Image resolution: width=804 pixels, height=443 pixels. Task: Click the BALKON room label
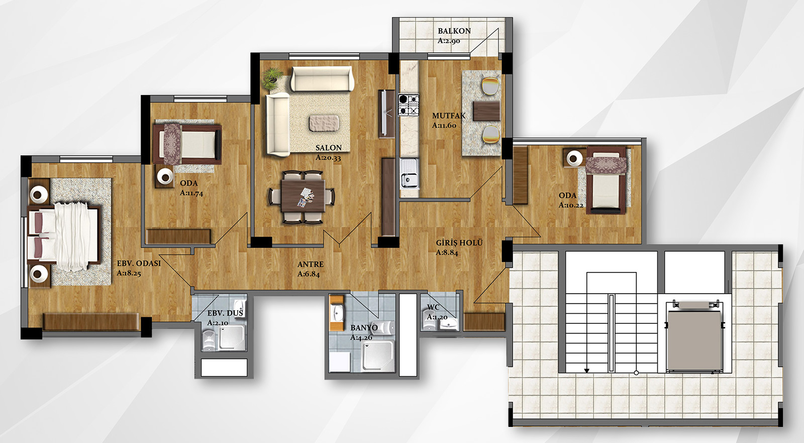454,31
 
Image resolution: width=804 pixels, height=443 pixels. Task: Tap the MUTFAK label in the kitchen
449,116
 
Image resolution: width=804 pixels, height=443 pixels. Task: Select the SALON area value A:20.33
328,157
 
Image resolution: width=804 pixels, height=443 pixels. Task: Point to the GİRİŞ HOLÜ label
459,242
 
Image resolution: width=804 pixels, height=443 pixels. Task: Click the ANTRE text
311,264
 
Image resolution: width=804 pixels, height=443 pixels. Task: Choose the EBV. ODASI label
139,263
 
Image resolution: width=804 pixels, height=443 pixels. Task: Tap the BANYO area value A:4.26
361,337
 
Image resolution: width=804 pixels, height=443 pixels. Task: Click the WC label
433,308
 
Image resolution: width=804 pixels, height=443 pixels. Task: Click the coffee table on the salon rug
324,123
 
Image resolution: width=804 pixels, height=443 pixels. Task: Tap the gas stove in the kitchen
409,105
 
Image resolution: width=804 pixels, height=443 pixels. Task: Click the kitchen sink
409,173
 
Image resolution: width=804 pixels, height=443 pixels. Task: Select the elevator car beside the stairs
694,341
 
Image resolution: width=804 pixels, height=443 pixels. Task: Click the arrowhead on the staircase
587,371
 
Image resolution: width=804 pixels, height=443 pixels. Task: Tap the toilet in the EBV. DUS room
208,340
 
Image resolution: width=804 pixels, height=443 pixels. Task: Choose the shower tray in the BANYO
378,356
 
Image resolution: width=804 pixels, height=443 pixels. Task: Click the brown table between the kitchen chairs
486,111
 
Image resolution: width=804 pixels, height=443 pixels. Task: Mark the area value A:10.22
571,205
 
